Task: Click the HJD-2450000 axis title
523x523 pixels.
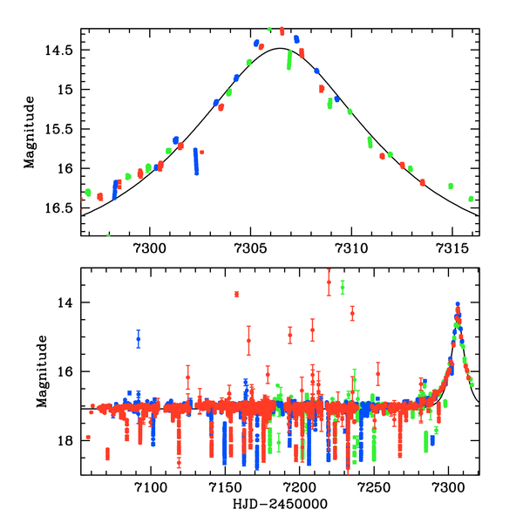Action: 280,504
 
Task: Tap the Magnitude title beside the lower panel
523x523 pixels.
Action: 42,370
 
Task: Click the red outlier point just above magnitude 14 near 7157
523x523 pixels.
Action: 236,294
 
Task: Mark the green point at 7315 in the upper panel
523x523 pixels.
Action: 451,186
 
